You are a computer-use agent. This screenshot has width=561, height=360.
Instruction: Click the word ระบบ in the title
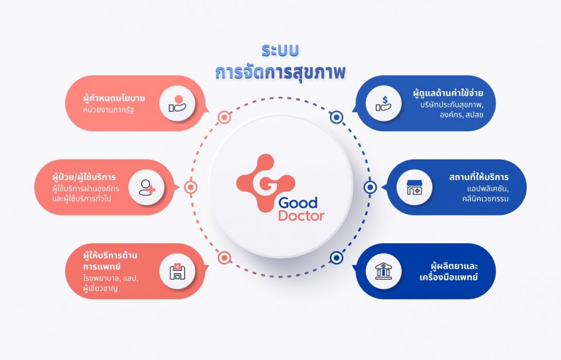280,51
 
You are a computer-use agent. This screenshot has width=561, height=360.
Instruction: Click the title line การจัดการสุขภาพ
280,72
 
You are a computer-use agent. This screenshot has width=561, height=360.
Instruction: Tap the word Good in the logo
297,203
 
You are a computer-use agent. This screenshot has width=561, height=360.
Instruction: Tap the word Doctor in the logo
301,215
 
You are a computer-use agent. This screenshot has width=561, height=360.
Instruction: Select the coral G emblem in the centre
266,183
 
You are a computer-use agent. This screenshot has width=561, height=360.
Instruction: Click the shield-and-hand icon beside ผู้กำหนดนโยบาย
177,103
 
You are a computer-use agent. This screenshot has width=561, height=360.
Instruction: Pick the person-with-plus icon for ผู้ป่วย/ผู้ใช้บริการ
147,187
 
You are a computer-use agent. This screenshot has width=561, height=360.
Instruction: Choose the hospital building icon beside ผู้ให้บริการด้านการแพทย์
177,272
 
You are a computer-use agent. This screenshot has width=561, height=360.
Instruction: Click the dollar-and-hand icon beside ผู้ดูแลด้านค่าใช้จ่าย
383,103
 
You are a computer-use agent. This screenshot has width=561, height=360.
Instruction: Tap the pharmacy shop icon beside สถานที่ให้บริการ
414,187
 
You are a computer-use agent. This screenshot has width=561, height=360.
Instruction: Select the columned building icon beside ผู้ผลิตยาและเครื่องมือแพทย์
383,272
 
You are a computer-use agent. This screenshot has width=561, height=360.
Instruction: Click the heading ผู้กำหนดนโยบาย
114,98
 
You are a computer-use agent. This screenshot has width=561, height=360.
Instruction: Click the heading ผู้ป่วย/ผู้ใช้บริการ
84,176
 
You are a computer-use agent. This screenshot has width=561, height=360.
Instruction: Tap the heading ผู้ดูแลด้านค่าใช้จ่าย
448,93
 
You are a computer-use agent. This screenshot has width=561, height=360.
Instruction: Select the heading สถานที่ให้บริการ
479,176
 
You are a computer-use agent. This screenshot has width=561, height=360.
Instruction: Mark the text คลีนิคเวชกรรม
485,199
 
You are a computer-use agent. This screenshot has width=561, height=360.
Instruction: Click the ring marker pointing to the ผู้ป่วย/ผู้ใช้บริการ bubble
191,187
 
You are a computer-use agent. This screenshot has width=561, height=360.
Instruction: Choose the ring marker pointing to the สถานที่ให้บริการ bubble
370,187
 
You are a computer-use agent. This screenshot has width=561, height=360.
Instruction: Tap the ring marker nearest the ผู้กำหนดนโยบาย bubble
224,117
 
